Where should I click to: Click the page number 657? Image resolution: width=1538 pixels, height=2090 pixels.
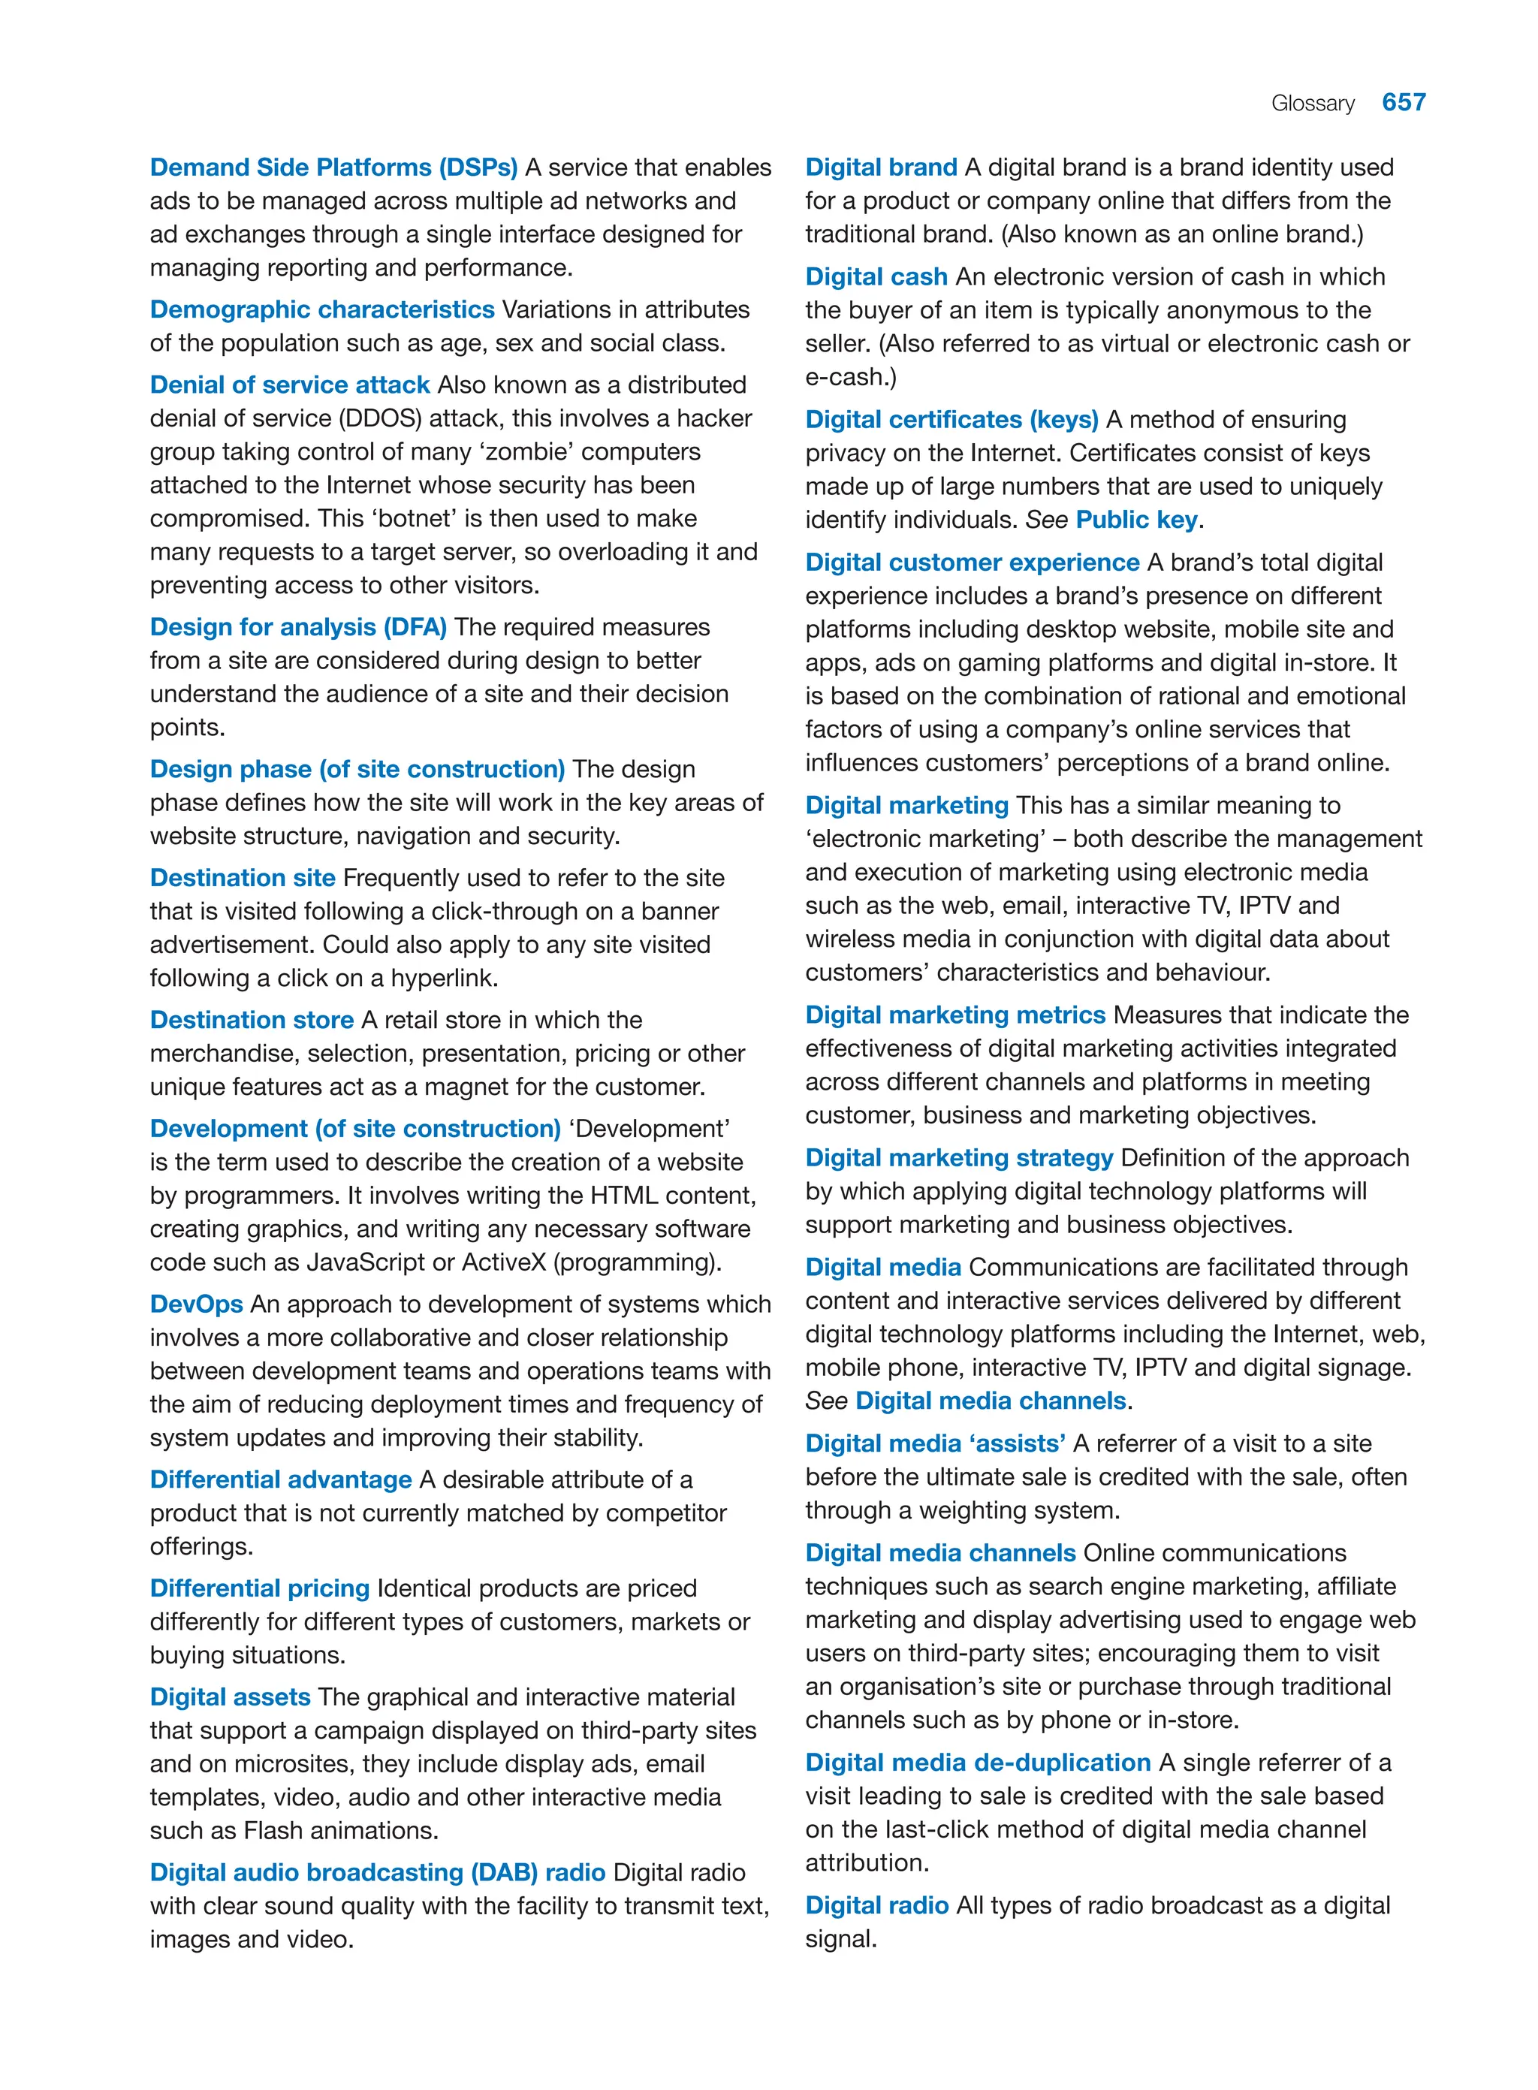(1403, 102)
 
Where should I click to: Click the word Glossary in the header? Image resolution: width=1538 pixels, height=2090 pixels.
(1312, 104)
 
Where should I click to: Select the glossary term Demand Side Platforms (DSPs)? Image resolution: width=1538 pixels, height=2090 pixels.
(333, 167)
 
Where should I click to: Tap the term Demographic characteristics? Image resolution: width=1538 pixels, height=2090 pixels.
(321, 309)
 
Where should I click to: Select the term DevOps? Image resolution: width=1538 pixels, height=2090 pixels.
(197, 1304)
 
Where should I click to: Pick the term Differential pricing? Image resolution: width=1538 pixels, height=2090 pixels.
(260, 1588)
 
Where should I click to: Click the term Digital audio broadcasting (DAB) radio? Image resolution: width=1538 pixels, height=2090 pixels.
(377, 1872)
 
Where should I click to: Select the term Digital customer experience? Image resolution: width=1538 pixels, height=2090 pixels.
(971, 562)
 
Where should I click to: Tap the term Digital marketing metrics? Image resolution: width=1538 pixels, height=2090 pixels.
(954, 1015)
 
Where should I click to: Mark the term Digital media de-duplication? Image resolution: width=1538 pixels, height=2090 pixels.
(978, 1763)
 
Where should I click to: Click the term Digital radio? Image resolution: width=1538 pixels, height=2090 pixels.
(876, 1906)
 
